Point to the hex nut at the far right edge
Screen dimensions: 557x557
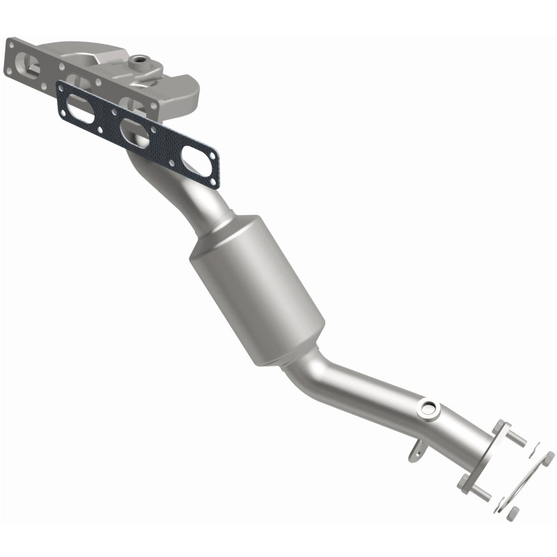[549, 457]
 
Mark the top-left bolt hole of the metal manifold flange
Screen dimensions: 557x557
[13, 45]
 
